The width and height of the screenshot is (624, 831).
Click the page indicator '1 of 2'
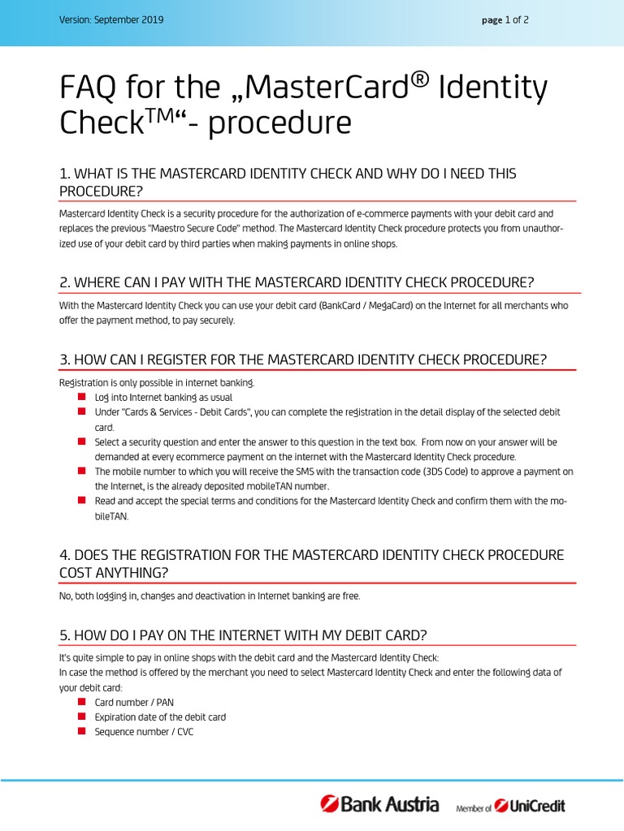(517, 20)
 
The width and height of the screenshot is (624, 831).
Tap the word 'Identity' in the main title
(492, 88)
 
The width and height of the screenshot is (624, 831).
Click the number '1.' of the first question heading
(65, 174)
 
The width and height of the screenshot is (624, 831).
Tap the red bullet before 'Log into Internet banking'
(81, 397)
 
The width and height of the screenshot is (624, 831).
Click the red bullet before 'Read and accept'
(81, 501)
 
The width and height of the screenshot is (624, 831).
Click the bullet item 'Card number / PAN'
(134, 702)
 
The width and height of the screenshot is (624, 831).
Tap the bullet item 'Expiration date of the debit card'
(160, 717)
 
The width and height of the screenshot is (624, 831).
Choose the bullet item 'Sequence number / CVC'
(144, 731)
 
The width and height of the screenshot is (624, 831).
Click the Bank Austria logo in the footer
(380, 805)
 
